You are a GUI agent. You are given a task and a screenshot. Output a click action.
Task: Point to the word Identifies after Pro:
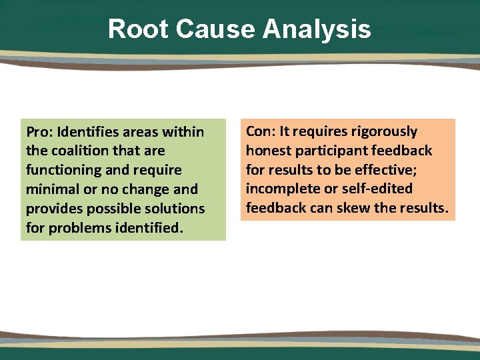[92, 132]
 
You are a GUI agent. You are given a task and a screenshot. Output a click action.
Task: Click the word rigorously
[380, 131]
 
